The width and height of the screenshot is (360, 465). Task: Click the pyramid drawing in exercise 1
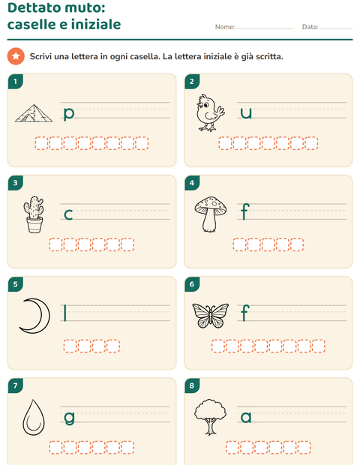pyautogui.click(x=34, y=113)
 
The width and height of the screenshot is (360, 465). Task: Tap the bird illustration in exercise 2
pyautogui.click(x=210, y=112)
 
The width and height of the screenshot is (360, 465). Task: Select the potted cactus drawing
pyautogui.click(x=34, y=214)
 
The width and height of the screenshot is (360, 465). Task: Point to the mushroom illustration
pyautogui.click(x=211, y=214)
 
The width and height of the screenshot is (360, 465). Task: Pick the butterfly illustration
pyautogui.click(x=211, y=316)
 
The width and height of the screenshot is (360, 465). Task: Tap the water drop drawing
pyautogui.click(x=34, y=417)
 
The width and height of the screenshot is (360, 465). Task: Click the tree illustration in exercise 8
pyautogui.click(x=210, y=416)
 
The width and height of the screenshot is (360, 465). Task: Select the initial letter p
pyautogui.click(x=69, y=114)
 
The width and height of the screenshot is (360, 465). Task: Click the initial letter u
pyautogui.click(x=246, y=113)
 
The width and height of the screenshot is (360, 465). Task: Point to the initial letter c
pyautogui.click(x=68, y=214)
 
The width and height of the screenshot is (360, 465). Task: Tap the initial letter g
pyautogui.click(x=70, y=418)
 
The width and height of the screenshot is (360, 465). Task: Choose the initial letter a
pyautogui.click(x=246, y=417)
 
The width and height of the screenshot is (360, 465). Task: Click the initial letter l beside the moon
pyautogui.click(x=65, y=313)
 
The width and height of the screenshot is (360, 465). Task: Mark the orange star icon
pyautogui.click(x=16, y=56)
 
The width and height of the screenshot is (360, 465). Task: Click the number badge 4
pyautogui.click(x=192, y=183)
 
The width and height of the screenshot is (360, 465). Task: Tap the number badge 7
pyautogui.click(x=16, y=385)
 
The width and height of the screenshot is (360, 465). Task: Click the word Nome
pyautogui.click(x=225, y=27)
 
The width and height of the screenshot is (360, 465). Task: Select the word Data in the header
pyautogui.click(x=310, y=27)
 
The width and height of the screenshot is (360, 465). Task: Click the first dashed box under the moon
pyautogui.click(x=70, y=346)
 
